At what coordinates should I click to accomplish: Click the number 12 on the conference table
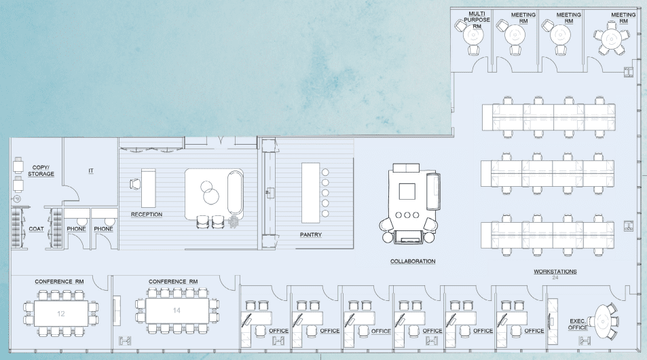[60, 314]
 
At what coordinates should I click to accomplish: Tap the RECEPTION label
[147, 215]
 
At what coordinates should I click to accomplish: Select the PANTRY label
[310, 235]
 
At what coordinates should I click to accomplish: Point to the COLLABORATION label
[413, 261]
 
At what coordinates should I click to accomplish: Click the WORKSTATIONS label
[555, 272]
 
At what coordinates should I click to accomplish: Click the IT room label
[91, 171]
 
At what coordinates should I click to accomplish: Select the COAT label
[36, 229]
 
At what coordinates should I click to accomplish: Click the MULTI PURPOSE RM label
[477, 19]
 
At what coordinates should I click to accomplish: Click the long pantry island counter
[310, 192]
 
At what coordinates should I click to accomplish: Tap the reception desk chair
[134, 183]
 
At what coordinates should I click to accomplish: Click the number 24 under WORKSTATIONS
[555, 278]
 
